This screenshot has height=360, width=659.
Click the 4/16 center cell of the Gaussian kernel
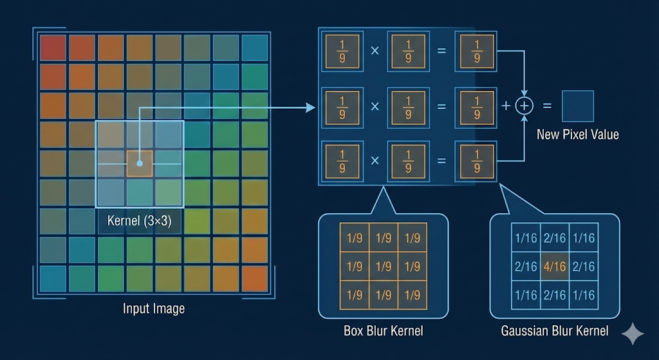pyautogui.click(x=554, y=266)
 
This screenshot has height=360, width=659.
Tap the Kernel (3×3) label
pyautogui.click(x=140, y=221)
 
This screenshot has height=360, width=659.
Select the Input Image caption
pyautogui.click(x=154, y=308)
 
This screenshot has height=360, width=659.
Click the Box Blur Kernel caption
pyautogui.click(x=384, y=331)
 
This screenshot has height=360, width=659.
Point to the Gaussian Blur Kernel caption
pyautogui.click(x=555, y=331)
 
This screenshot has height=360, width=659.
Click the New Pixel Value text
pyautogui.click(x=577, y=135)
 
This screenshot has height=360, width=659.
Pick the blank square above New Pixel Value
pyautogui.click(x=577, y=106)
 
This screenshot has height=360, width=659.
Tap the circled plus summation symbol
pyautogui.click(x=526, y=106)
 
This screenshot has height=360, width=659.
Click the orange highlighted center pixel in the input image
pyautogui.click(x=140, y=164)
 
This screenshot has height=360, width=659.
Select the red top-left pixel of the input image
pyautogui.click(x=53, y=48)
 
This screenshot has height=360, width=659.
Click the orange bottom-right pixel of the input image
pyautogui.click(x=255, y=279)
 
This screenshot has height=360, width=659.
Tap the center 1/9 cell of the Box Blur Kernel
pyautogui.click(x=384, y=266)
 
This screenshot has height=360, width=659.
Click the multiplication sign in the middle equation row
pyautogui.click(x=375, y=107)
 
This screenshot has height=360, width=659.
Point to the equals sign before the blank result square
pyautogui.click(x=547, y=106)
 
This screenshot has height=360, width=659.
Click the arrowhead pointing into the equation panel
pyautogui.click(x=312, y=107)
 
